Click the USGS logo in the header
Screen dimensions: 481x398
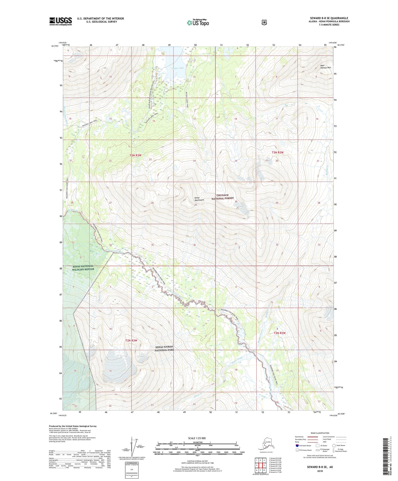point(60,21)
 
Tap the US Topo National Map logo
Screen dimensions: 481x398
point(198,22)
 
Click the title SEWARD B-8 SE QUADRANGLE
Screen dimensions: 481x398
point(329,18)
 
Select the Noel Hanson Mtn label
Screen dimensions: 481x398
point(325,66)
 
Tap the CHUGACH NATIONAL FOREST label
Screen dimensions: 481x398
point(223,197)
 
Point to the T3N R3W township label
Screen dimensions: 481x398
point(135,155)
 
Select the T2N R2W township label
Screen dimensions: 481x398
point(280,333)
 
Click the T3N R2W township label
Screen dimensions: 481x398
point(277,152)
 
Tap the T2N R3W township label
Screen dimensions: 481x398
point(131,341)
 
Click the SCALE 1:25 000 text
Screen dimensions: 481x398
point(197,438)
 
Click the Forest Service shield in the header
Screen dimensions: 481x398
point(264,22)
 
